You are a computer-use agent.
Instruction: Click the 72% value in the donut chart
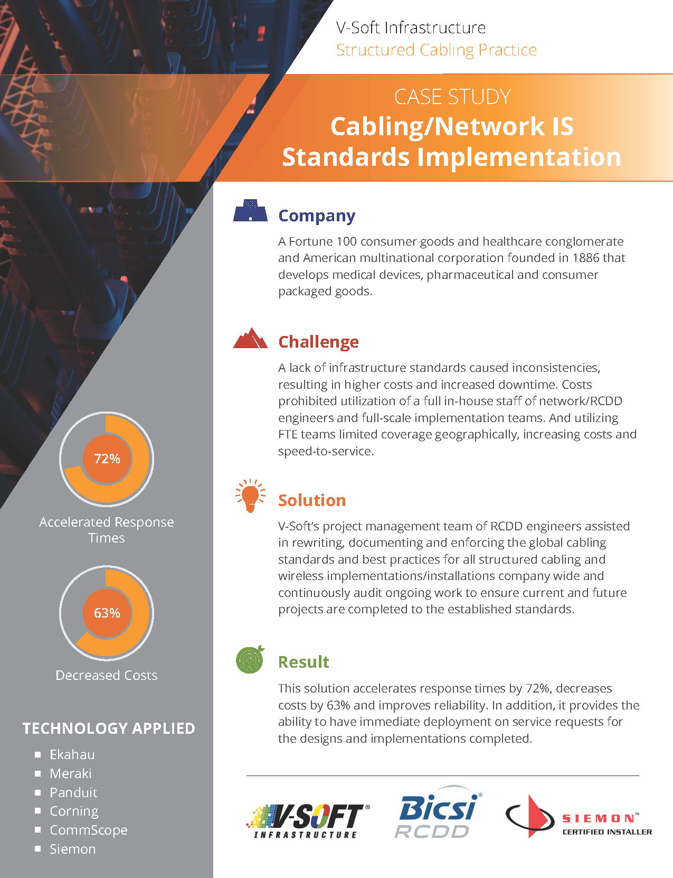coord(107,459)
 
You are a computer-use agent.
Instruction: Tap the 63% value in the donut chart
coord(107,613)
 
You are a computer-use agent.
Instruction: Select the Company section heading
coord(317,216)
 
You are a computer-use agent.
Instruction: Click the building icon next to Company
coord(250,210)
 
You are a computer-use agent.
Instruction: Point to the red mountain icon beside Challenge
coord(250,339)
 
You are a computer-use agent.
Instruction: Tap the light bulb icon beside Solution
coord(250,496)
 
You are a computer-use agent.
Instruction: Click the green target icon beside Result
coord(250,659)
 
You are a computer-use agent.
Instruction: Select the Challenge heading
coord(318,342)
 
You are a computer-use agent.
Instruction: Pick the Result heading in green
coord(304,662)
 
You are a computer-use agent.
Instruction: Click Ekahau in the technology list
coord(72,754)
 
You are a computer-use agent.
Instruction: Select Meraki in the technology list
coord(71,773)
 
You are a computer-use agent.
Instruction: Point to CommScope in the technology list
coord(89,830)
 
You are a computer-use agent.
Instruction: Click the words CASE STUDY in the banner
coord(452,97)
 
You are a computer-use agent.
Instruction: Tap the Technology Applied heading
coord(109,728)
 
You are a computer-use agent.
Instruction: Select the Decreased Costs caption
coord(107,675)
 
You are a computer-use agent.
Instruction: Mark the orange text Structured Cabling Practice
coord(436,50)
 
